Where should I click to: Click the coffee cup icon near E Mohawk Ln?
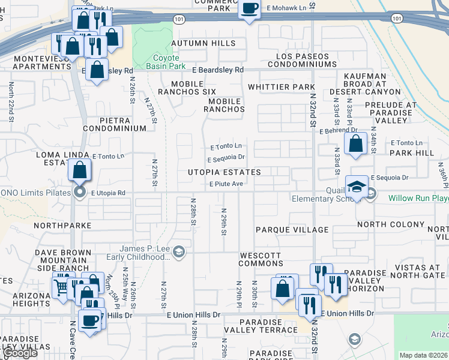click(249, 9)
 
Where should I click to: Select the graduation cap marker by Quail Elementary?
click(357, 185)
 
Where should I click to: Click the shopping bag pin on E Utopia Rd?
click(80, 170)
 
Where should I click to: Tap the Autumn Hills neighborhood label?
click(203, 43)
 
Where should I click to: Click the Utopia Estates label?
click(225, 172)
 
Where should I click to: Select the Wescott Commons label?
click(261, 259)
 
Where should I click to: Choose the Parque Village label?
click(292, 230)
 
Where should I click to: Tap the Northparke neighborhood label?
click(62, 226)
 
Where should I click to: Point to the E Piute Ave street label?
click(225, 184)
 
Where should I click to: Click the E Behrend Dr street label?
click(338, 130)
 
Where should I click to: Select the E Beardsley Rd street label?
click(214, 70)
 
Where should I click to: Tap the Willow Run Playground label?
click(418, 198)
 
